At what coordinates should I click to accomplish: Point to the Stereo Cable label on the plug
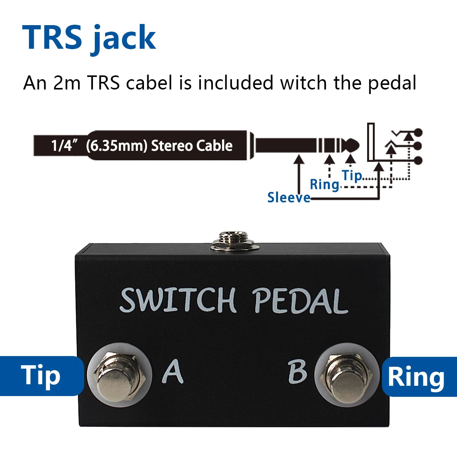[192, 145]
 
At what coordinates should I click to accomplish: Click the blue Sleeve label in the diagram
[288, 197]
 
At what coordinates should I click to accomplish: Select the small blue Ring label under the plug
[324, 184]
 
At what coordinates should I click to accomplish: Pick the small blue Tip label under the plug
[352, 176]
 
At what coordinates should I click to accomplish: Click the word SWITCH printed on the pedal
[178, 300]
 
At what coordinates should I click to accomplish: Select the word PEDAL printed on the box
[300, 301]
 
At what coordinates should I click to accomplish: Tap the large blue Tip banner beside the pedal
[41, 376]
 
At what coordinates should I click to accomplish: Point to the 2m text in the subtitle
[67, 83]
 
